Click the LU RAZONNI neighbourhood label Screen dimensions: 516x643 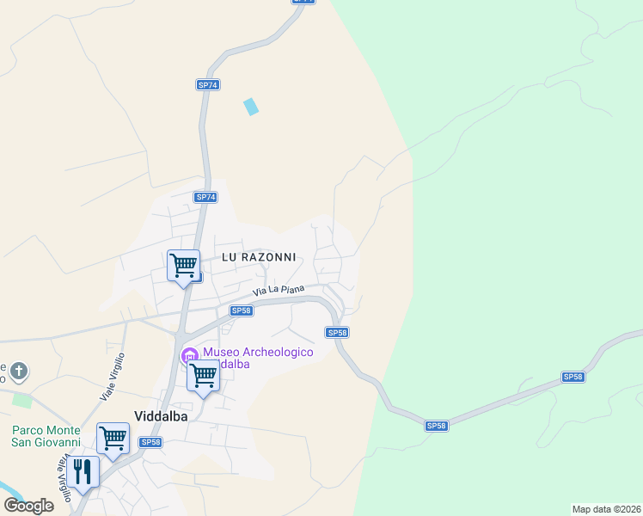click(259, 257)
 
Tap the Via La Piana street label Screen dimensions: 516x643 click(279, 292)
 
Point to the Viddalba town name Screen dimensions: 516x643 click(161, 412)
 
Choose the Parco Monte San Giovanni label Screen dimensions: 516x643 click(46, 437)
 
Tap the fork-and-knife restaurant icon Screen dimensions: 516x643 click(83, 472)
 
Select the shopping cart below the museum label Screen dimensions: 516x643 click(203, 376)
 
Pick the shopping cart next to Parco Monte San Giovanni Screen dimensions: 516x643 click(113, 439)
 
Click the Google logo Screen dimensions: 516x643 click(29, 506)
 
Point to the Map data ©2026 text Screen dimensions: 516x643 click(606, 509)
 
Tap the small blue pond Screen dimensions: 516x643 click(251, 107)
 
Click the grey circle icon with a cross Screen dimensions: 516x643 click(19, 372)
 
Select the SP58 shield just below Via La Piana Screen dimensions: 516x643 click(242, 310)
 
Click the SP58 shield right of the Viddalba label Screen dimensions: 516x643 click(150, 442)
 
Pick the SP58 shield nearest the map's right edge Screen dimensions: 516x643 click(573, 377)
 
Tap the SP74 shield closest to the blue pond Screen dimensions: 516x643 click(208, 85)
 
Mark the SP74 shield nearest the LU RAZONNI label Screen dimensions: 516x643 click(205, 197)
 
